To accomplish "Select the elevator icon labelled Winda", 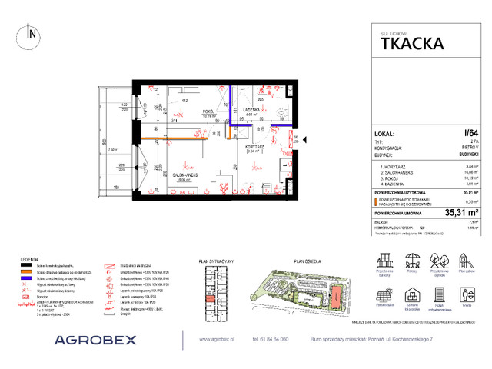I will [x=466, y=294].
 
